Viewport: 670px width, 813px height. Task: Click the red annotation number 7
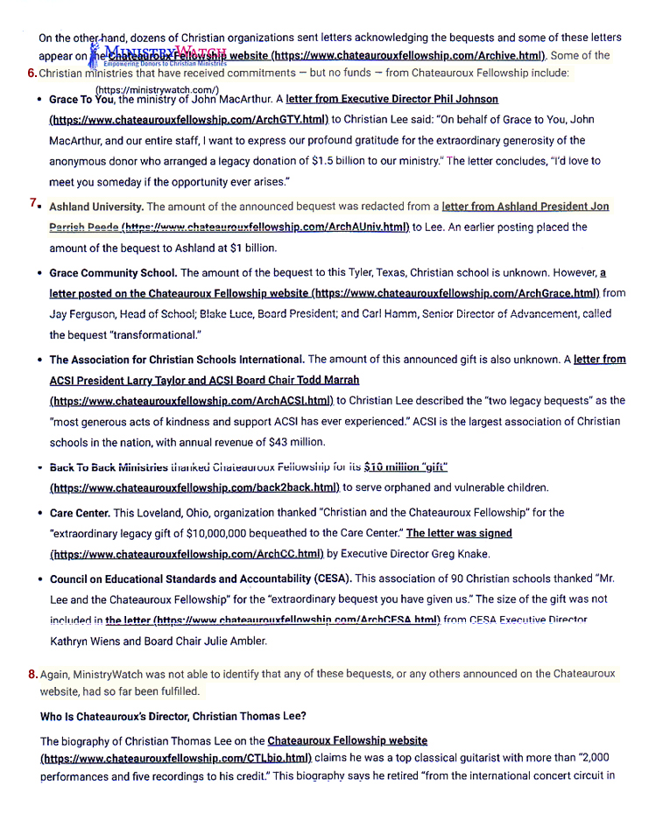point(32,203)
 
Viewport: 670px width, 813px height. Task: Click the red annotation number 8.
point(32,674)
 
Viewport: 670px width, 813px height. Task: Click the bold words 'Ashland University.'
point(96,207)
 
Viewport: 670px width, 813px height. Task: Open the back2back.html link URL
point(194,487)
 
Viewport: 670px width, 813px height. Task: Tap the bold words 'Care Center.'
point(80,513)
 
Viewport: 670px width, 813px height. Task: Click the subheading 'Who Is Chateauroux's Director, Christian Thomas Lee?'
point(173,716)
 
